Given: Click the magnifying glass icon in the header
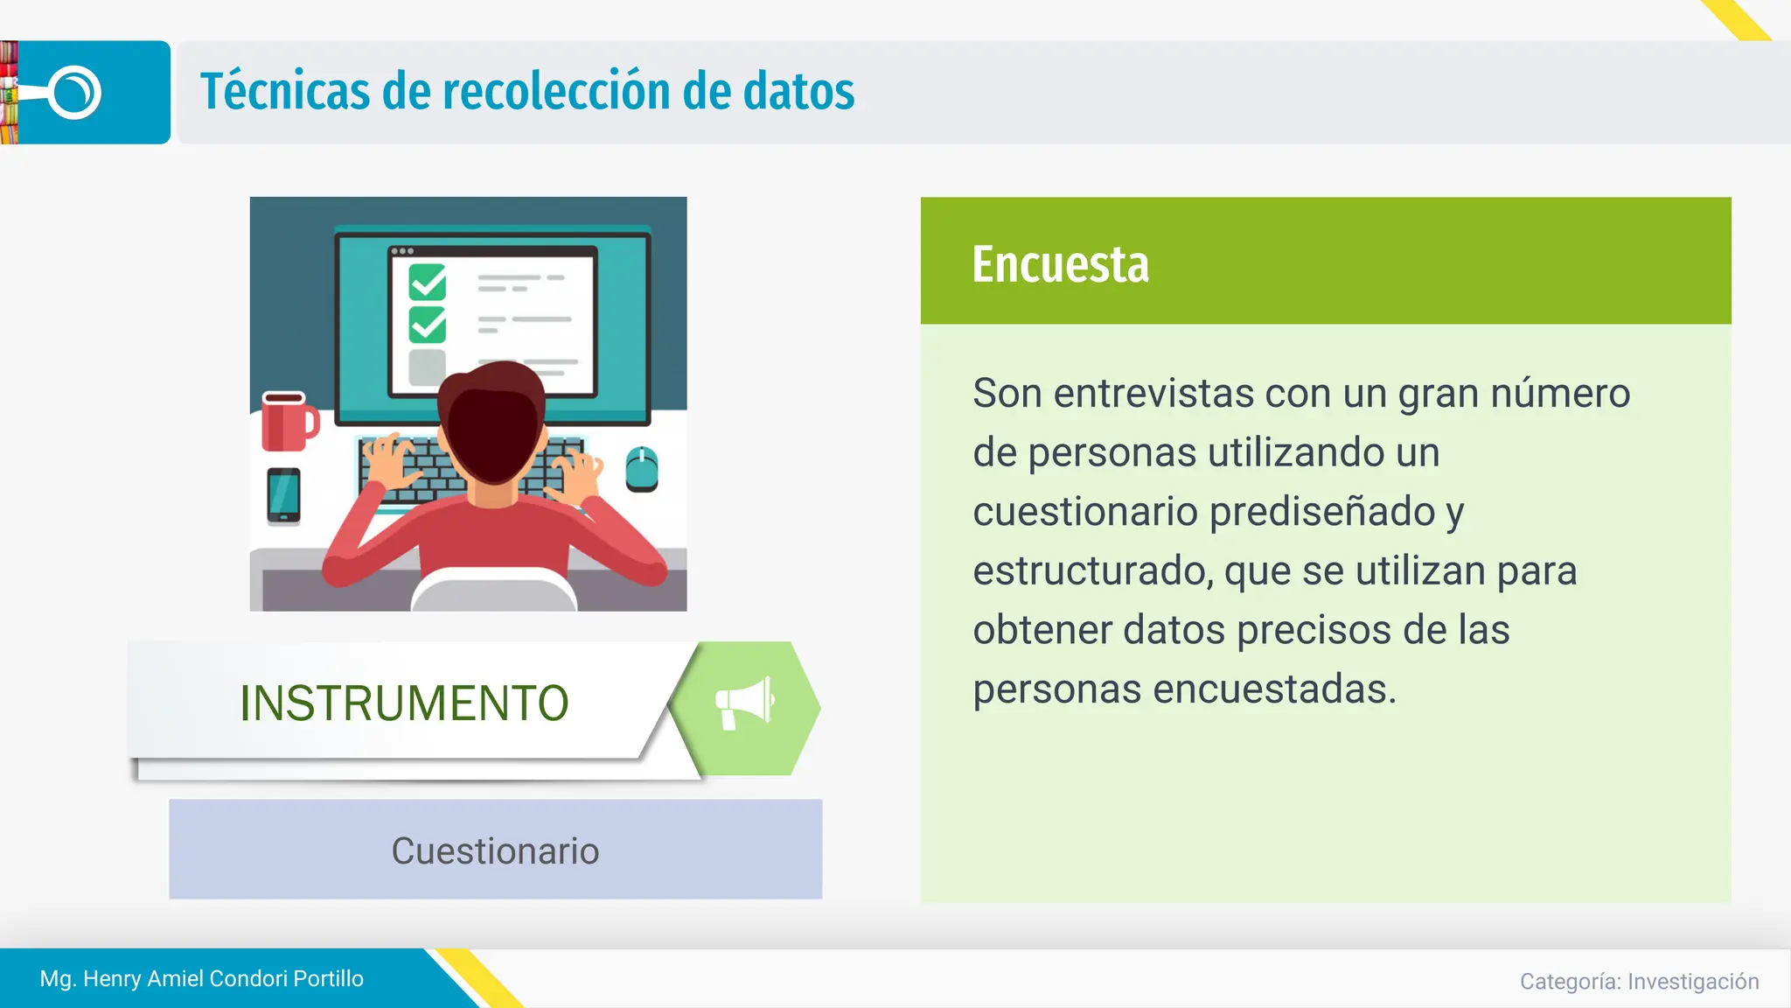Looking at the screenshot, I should pos(73,93).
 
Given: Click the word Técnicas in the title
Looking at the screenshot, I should pos(285,92).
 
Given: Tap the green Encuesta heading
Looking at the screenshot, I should pos(1060,264).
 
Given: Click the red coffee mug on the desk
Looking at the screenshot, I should pos(288,422).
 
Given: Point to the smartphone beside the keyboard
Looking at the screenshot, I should pos(283,496).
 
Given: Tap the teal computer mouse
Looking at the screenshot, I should pos(642,469).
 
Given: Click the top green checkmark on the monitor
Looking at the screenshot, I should pos(428,282).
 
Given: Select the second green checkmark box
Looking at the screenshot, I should pos(428,325).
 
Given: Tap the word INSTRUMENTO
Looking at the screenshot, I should pos(404,703).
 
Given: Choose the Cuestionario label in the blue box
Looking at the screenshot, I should pos(495,851).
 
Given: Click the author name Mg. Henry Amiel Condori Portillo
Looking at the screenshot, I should pos(202,978).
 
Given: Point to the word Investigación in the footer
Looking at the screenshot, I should pos(1693,982).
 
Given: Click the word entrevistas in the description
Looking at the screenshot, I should pos(1153,394).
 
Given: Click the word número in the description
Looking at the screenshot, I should pos(1560,394).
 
